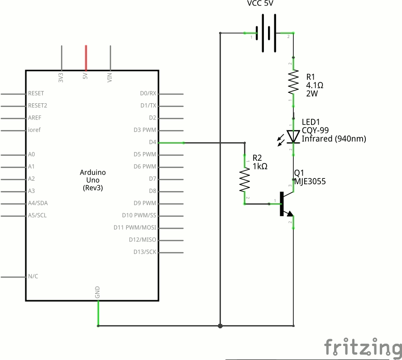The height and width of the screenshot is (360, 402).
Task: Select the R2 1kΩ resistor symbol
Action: click(x=244, y=180)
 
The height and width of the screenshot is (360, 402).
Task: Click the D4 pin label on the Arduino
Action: click(x=152, y=142)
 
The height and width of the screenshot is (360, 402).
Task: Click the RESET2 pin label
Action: click(x=38, y=106)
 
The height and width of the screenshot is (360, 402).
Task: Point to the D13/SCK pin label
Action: click(x=145, y=252)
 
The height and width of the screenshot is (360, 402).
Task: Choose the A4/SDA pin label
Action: click(x=38, y=203)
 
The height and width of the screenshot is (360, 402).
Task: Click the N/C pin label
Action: click(x=33, y=276)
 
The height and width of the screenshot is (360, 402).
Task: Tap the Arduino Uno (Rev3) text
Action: click(x=93, y=180)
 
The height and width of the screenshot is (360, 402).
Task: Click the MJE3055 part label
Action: click(x=310, y=182)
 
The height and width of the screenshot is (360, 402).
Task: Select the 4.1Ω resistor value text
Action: click(x=315, y=85)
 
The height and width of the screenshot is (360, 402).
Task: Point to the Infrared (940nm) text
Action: click(x=334, y=139)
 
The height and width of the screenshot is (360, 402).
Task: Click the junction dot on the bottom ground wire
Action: click(x=220, y=326)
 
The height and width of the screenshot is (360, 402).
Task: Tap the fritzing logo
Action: click(x=363, y=347)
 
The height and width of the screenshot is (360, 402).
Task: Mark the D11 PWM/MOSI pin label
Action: click(x=135, y=227)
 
